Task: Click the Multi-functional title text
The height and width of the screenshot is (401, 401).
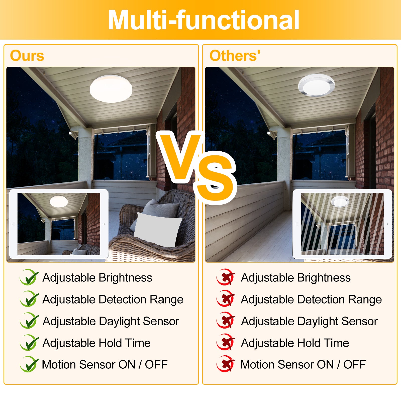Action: pos(204,20)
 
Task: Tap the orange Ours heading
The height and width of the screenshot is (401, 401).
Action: pos(27,56)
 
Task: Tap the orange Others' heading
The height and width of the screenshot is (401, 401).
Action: pos(235,56)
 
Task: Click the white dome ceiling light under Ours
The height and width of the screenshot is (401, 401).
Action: pos(111,88)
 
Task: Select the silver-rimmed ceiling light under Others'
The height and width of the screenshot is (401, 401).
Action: pos(316,85)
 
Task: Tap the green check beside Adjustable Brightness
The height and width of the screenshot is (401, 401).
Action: pos(29,277)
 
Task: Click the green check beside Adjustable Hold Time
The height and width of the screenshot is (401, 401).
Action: pos(29,343)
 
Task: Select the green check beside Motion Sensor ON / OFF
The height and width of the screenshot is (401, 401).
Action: pos(29,364)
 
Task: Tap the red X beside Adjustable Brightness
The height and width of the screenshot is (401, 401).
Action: pos(226,277)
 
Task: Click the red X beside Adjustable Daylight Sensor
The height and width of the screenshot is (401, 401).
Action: pos(226,321)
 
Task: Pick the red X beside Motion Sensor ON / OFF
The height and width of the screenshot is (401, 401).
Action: pos(226,364)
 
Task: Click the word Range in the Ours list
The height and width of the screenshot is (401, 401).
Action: pos(166,299)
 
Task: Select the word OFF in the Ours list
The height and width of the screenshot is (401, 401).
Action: pos(156,364)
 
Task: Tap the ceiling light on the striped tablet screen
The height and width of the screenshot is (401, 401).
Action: pos(340,201)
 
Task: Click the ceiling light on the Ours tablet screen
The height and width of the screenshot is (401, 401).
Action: pos(59,202)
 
